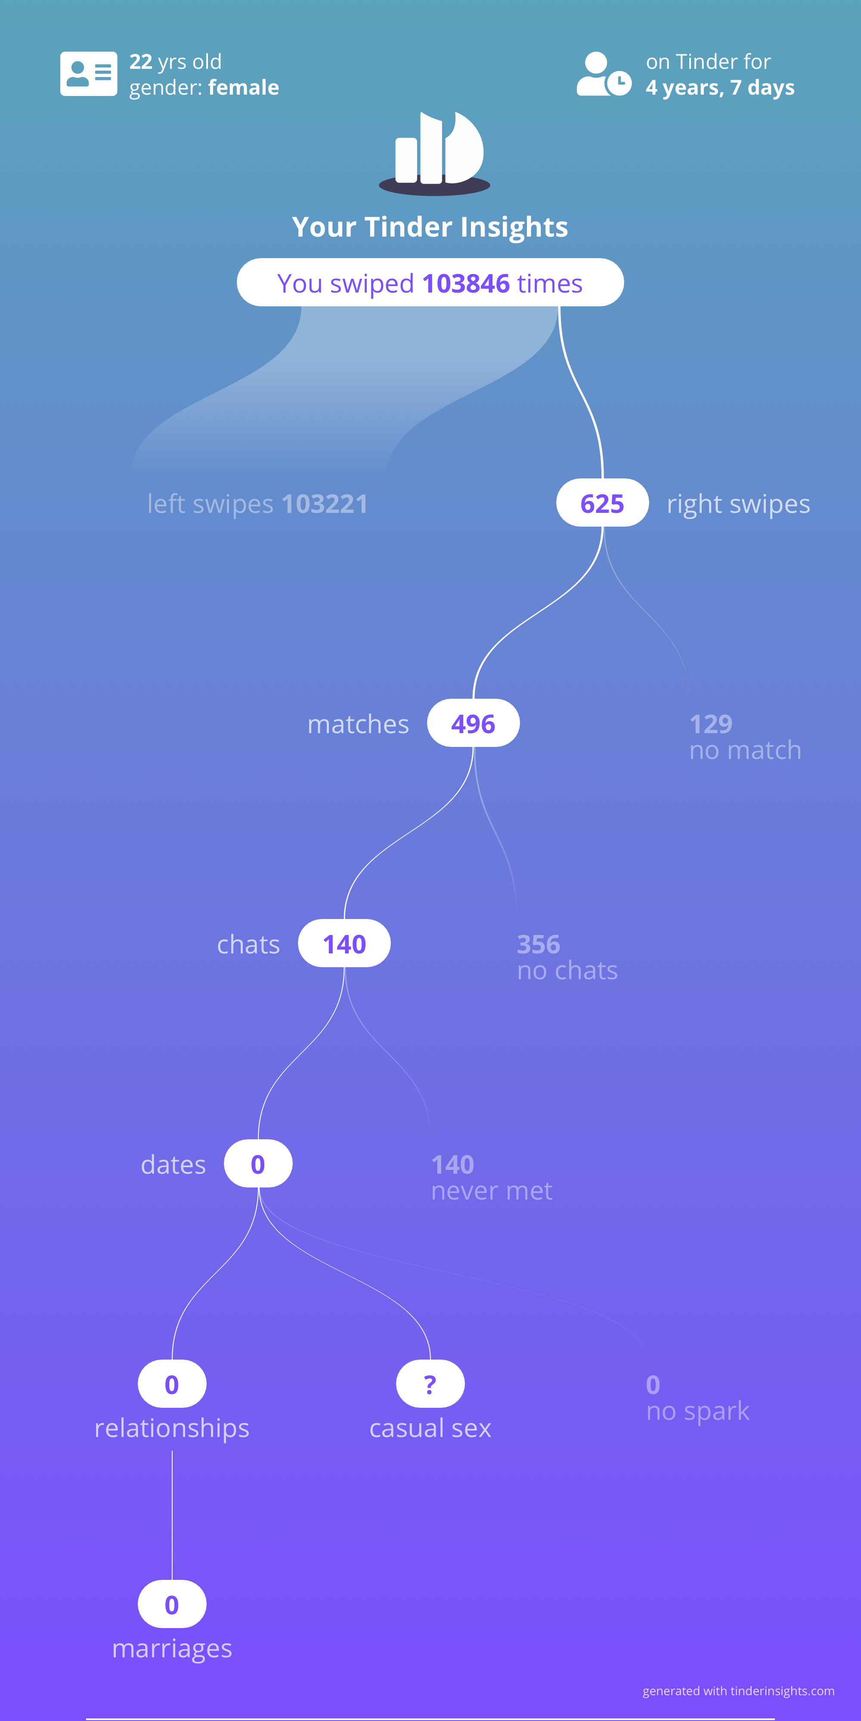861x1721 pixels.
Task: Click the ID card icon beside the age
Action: click(x=89, y=74)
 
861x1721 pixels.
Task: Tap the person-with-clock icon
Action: click(x=604, y=74)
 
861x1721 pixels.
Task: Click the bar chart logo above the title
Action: click(x=434, y=153)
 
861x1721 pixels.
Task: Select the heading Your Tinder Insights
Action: click(x=430, y=227)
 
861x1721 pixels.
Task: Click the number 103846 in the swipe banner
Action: click(x=466, y=283)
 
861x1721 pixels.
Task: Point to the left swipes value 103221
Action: click(x=325, y=504)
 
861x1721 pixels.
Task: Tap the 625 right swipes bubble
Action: click(x=602, y=503)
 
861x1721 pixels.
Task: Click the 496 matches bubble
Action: click(x=473, y=724)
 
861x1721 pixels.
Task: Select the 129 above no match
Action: click(x=711, y=724)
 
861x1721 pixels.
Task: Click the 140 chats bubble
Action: click(x=344, y=944)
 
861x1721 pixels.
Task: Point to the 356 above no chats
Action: click(x=538, y=944)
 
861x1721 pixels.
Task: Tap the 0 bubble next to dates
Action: click(x=258, y=1164)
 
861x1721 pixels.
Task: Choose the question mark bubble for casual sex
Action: click(x=430, y=1384)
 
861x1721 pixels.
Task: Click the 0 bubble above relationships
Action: click(x=172, y=1384)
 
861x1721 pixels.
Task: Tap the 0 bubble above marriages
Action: click(x=172, y=1604)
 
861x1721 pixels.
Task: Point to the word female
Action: click(x=244, y=87)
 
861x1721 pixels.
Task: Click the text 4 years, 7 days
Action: click(x=720, y=87)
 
